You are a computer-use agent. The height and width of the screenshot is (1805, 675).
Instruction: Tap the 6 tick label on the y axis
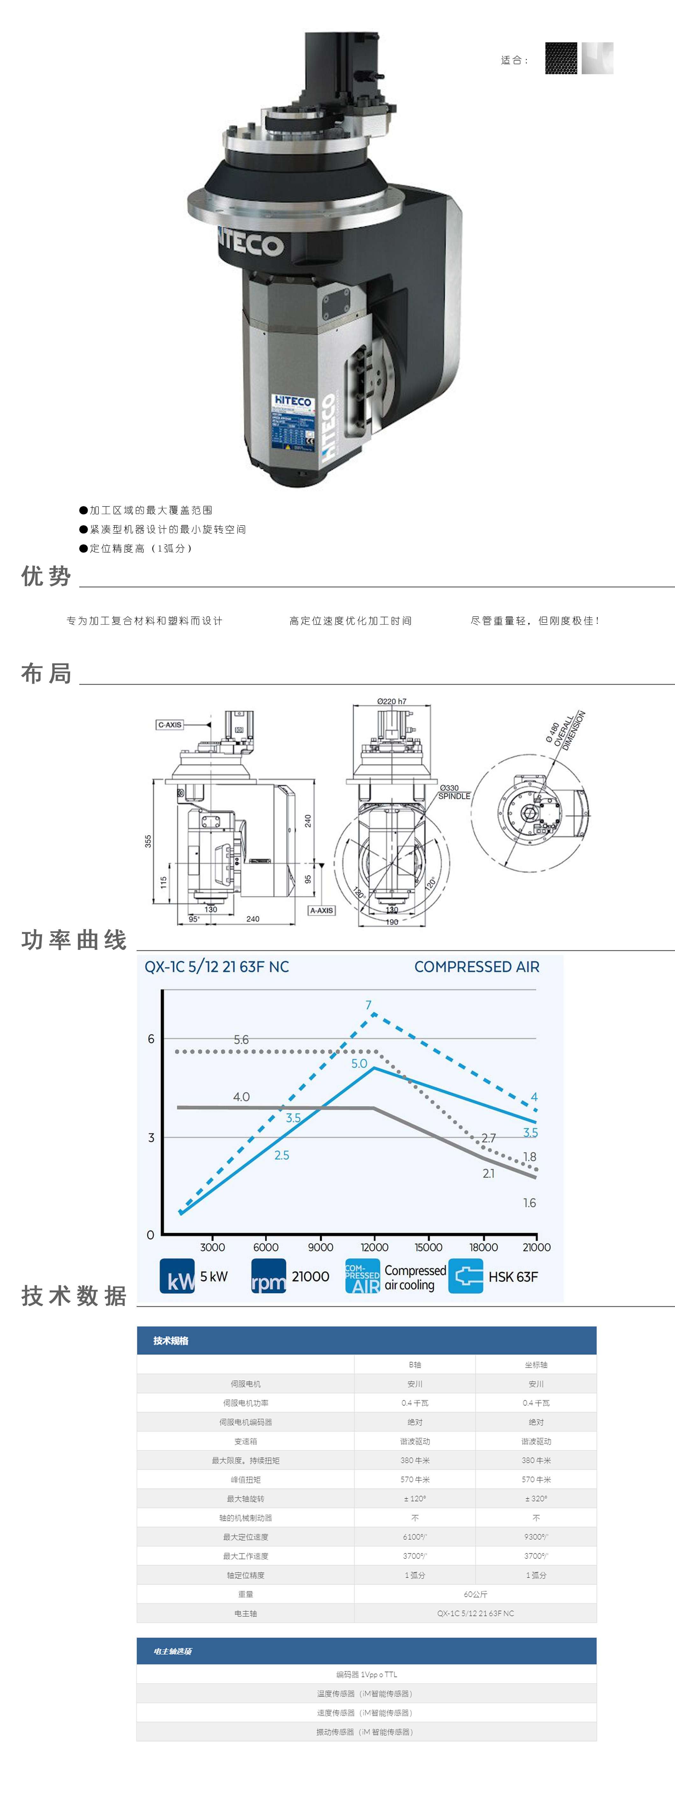pyautogui.click(x=151, y=1038)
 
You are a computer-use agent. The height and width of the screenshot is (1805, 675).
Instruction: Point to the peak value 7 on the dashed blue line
pyautogui.click(x=369, y=1005)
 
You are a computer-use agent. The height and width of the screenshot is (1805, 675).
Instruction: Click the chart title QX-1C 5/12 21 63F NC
pyautogui.click(x=217, y=967)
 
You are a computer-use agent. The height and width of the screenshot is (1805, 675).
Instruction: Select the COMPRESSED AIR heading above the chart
pyautogui.click(x=477, y=967)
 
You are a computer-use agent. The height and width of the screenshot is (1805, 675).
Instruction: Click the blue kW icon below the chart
pyautogui.click(x=177, y=1276)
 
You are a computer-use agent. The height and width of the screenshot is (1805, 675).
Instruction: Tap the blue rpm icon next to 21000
pyautogui.click(x=268, y=1276)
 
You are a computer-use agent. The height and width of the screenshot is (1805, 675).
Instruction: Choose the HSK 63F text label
pyautogui.click(x=513, y=1277)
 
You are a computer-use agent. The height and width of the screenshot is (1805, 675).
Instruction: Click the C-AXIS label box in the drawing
pyautogui.click(x=170, y=725)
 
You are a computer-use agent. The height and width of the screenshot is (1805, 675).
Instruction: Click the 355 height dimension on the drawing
pyautogui.click(x=148, y=841)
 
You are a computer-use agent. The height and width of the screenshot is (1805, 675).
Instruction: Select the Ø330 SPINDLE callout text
pyautogui.click(x=453, y=792)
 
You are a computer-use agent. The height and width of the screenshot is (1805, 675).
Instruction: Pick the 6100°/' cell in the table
pyautogui.click(x=415, y=1537)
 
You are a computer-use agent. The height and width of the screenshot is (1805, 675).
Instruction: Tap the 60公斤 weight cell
pyautogui.click(x=475, y=1594)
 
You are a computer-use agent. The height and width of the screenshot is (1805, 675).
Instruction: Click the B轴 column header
pyautogui.click(x=415, y=1364)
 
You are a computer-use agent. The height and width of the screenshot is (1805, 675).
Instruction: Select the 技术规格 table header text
pyautogui.click(x=171, y=1340)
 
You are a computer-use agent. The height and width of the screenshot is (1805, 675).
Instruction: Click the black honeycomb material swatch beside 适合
pyautogui.click(x=561, y=58)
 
